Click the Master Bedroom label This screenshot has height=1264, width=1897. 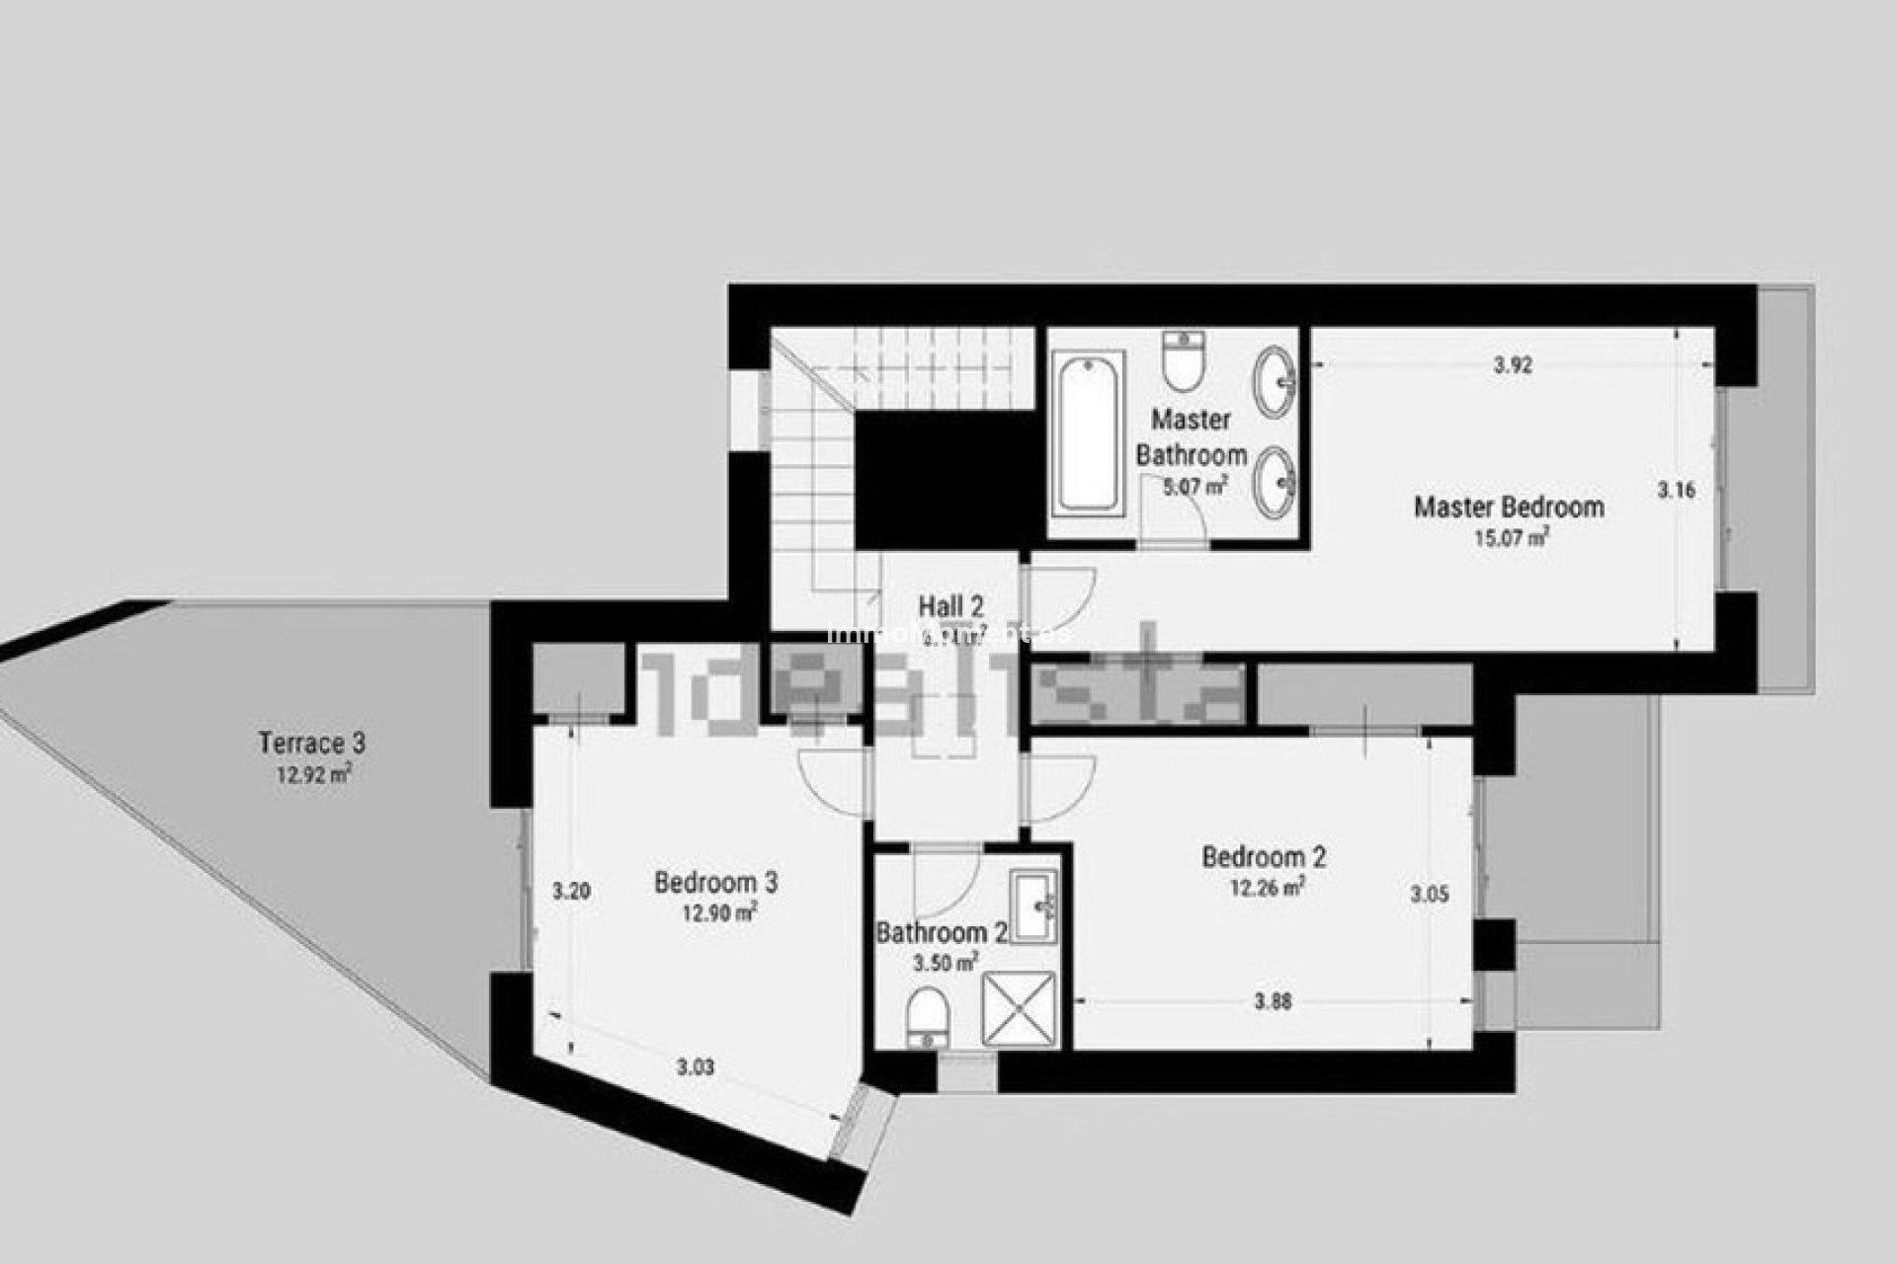(1509, 507)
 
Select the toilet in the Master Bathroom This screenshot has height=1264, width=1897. (1183, 361)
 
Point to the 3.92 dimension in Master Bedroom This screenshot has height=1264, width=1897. (1512, 365)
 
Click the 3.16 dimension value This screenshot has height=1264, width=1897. (1676, 489)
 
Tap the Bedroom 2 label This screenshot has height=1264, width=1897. (1264, 856)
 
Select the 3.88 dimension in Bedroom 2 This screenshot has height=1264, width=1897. (1273, 1001)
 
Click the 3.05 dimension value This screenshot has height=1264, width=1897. (1429, 895)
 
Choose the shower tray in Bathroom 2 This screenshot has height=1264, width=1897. (1018, 1009)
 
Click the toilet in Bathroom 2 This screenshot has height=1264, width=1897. (928, 1016)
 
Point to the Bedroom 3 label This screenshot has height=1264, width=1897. (715, 882)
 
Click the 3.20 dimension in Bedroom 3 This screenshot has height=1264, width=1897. (571, 892)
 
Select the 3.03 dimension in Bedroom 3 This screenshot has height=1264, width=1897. (696, 1067)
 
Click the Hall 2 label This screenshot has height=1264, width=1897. (950, 606)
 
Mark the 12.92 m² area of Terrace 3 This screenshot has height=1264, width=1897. (313, 774)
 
